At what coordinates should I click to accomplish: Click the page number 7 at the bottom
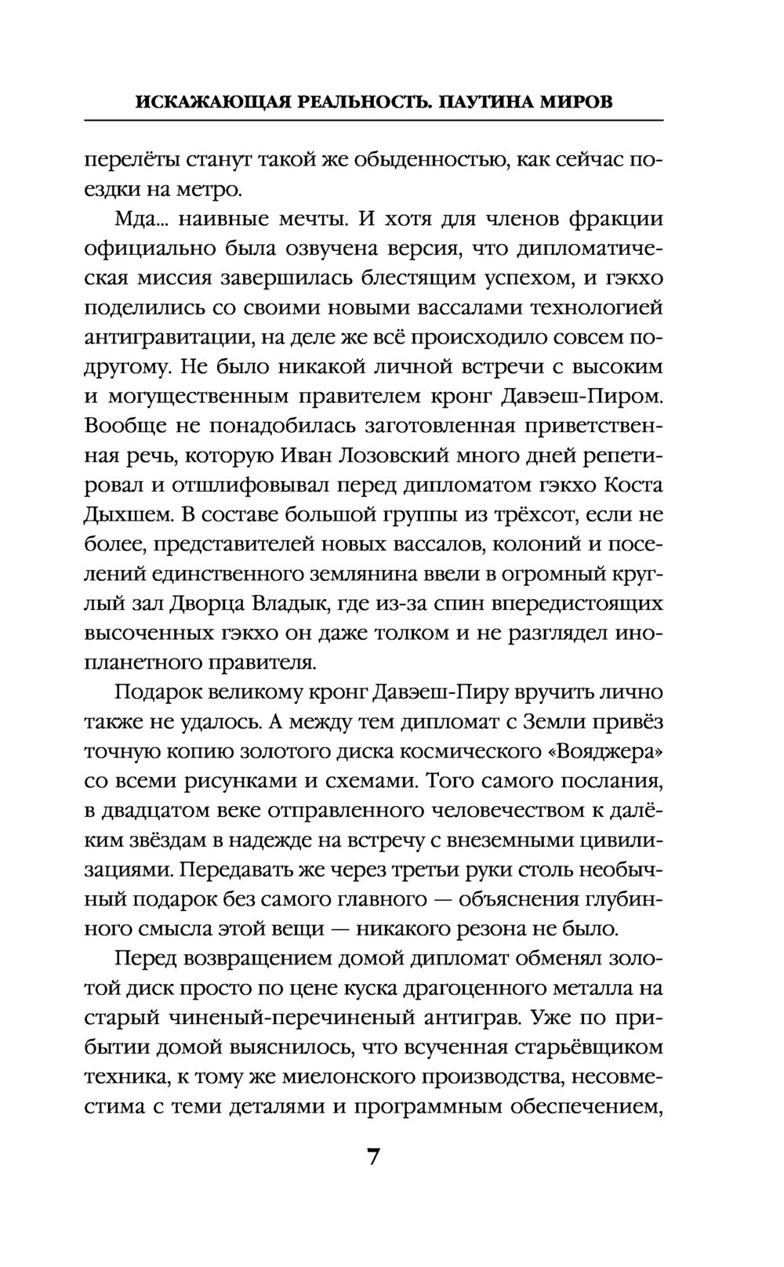pos(373,1157)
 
